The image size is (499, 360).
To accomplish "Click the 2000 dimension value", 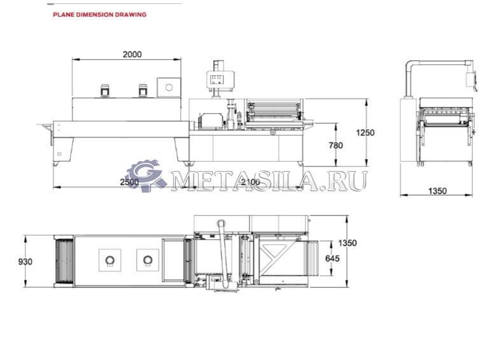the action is click(132, 55).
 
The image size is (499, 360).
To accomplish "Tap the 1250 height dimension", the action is click(365, 132).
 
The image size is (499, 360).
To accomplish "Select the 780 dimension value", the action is click(336, 145).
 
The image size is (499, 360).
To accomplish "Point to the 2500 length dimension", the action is click(130, 182).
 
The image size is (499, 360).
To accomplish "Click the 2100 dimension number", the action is click(251, 182).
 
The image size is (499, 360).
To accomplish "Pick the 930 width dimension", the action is click(25, 262).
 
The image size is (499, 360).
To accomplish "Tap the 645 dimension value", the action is click(332, 258).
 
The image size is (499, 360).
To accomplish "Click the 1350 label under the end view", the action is click(438, 191).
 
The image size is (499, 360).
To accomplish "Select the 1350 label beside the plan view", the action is click(348, 243).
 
